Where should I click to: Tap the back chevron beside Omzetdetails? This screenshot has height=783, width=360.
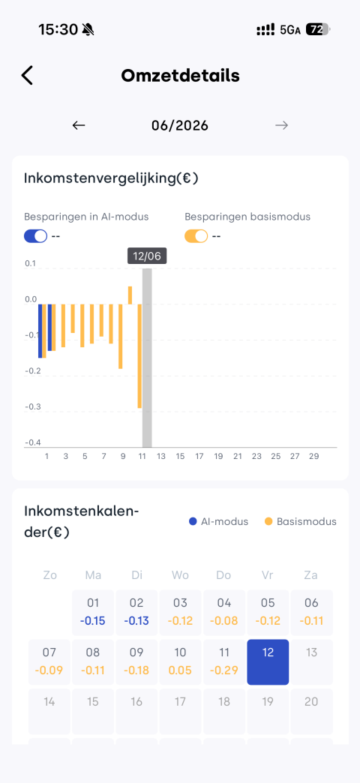27,76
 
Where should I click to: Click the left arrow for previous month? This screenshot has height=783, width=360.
79,125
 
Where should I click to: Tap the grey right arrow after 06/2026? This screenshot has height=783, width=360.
281,125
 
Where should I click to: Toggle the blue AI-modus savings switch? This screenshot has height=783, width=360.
35,235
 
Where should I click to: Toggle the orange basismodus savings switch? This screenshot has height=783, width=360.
196,235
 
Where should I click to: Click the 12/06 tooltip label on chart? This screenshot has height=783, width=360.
147,256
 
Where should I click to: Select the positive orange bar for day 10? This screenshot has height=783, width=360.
130,295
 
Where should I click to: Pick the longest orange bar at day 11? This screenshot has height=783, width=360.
139,356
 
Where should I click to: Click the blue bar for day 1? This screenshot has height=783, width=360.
40,331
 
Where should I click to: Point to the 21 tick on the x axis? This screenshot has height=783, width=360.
238,456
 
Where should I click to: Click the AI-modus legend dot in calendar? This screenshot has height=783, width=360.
193,521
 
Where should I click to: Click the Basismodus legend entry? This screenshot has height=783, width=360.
301,521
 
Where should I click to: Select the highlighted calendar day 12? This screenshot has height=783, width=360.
268,661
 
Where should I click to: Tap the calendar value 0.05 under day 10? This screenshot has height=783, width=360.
180,670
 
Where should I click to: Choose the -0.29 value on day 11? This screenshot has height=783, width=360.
223,670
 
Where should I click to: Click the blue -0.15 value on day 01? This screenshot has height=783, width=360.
93,621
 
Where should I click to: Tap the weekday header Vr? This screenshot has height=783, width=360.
268,575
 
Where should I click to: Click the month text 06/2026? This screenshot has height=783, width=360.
180,125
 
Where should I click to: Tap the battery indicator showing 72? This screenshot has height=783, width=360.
317,30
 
